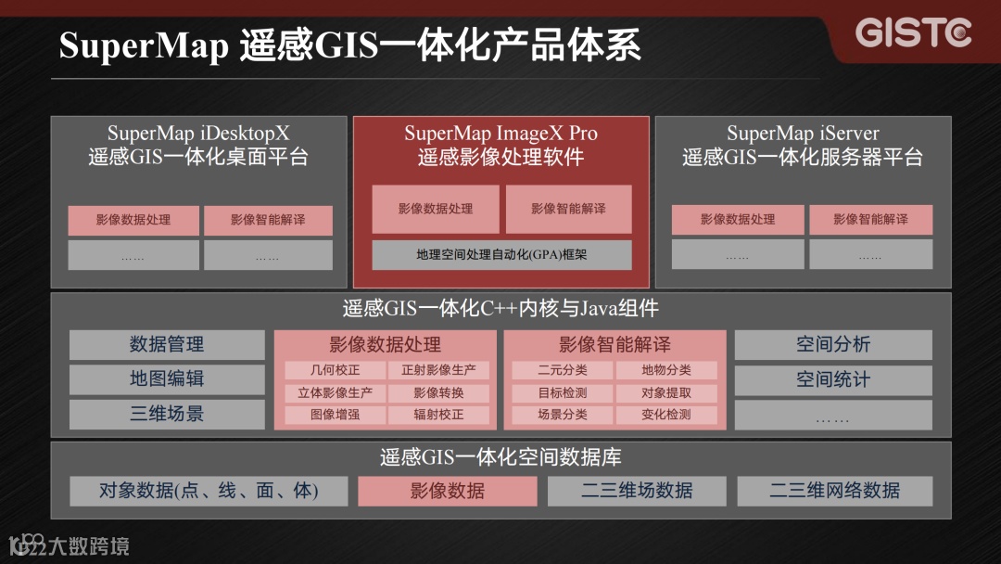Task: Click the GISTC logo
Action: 913,33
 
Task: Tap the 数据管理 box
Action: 167,345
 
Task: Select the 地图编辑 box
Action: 167,379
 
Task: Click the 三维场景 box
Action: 167,414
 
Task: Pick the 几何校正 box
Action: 335,370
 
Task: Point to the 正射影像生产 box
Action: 438,370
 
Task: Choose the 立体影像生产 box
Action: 335,392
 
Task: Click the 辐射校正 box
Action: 438,415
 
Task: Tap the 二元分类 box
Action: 563,370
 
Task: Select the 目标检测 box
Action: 563,392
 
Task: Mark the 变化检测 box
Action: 666,415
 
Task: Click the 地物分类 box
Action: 666,370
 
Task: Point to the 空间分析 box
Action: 833,345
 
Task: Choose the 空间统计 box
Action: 833,379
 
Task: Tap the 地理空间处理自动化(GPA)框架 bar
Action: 501,254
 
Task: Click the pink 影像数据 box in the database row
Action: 448,491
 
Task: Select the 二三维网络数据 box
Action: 834,491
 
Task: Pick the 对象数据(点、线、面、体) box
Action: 209,491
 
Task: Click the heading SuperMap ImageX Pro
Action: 501,134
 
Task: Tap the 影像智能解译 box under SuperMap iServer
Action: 870,220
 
